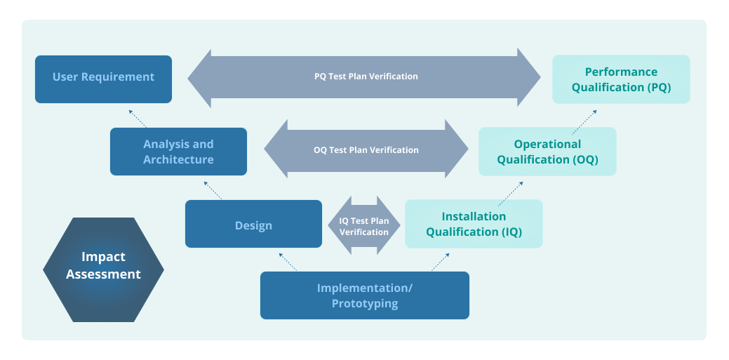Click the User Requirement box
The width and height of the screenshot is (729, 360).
coord(103,79)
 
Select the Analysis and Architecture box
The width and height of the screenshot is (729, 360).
coord(178,152)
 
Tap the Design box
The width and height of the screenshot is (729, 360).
coord(253,225)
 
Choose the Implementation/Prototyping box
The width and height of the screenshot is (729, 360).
coord(364,295)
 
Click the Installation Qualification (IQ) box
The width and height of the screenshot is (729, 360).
coord(474,224)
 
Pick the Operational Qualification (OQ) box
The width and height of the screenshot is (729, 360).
coord(547,152)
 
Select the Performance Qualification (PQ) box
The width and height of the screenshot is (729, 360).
coord(621,79)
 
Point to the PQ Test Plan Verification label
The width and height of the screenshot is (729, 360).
coord(366,76)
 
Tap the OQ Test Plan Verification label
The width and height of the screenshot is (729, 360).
coord(366,149)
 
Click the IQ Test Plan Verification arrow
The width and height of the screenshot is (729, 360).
coord(363,225)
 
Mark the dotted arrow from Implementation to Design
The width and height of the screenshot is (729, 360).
coord(288,262)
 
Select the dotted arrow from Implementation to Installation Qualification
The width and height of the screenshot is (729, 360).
coord(440,262)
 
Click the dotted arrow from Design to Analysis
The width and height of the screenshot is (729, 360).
coord(213,189)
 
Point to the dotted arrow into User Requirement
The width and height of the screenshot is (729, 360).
coord(138,117)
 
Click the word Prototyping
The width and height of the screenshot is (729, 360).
coord(364,304)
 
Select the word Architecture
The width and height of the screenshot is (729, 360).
coord(178,160)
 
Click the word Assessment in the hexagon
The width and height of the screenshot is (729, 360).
coord(103,275)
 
